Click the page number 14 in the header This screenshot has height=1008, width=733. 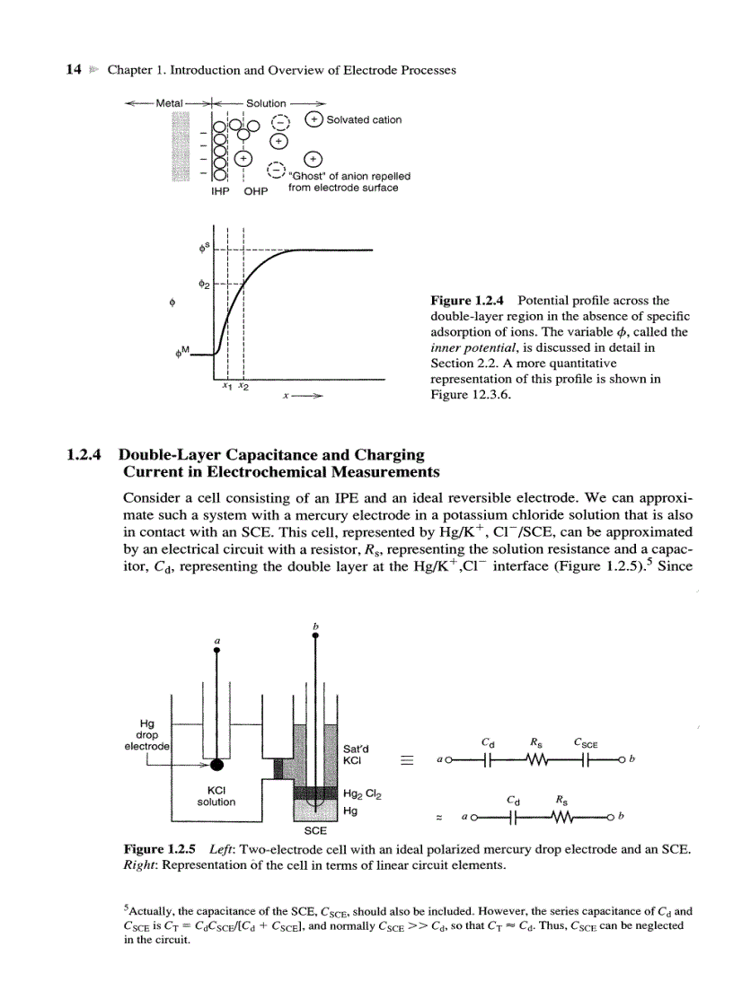point(75,69)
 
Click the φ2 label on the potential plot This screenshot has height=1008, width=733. point(204,285)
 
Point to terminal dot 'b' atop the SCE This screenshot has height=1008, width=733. point(314,635)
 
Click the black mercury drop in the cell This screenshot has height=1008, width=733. point(216,764)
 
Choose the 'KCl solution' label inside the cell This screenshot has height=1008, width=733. point(216,795)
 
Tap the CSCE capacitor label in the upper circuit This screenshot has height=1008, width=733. point(586,742)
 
